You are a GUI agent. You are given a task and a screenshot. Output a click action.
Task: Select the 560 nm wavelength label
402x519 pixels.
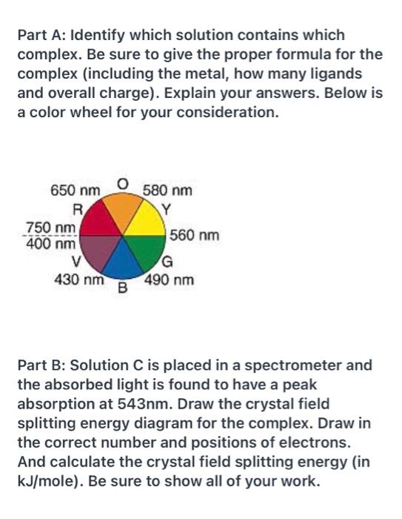195,236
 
